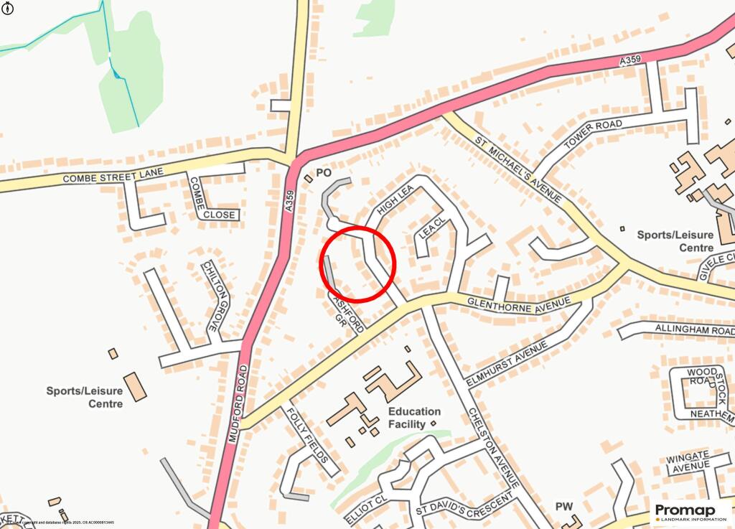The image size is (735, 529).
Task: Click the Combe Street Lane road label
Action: point(113,174)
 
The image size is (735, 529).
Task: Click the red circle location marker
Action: point(357,263)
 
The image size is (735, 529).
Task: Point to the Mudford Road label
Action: point(238,405)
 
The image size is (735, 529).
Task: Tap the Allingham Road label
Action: point(693,329)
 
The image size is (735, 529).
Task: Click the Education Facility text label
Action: point(414,418)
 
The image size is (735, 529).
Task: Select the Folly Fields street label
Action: point(308,436)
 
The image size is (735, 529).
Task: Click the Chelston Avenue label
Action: point(493,446)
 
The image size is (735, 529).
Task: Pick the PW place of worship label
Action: point(565,507)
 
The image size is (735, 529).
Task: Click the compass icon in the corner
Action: point(7,7)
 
